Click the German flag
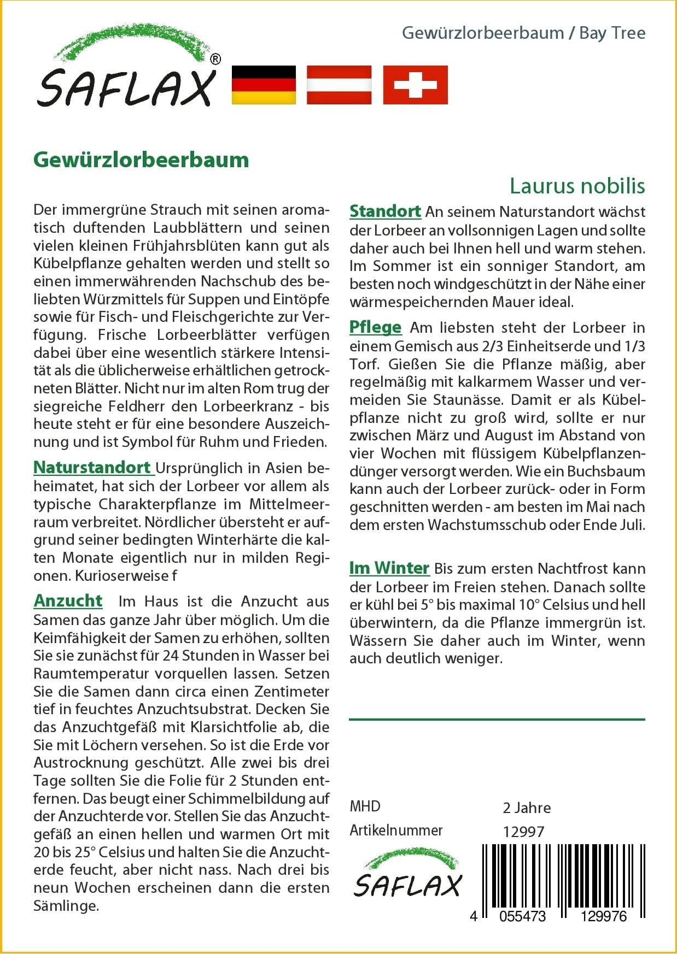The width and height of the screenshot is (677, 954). (264, 85)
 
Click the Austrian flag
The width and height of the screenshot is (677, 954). (339, 85)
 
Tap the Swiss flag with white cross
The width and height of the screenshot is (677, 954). (415, 85)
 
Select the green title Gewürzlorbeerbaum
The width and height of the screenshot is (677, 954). (141, 160)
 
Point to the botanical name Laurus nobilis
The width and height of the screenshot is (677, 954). (577, 186)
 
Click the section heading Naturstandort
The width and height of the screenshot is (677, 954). (92, 468)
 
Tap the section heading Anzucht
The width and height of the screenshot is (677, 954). (68, 601)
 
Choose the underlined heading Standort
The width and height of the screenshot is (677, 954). (385, 211)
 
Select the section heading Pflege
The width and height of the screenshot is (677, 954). (375, 327)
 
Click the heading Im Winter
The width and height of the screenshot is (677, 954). (389, 568)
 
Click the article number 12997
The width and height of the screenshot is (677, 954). (523, 832)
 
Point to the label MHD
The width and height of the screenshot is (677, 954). (365, 806)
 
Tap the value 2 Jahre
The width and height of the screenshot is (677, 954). (527, 808)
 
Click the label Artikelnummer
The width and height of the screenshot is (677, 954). (396, 831)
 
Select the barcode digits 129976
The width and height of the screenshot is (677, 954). (604, 916)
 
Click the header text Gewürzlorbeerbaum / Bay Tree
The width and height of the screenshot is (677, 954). (523, 33)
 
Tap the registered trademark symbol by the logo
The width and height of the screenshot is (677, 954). (215, 59)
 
